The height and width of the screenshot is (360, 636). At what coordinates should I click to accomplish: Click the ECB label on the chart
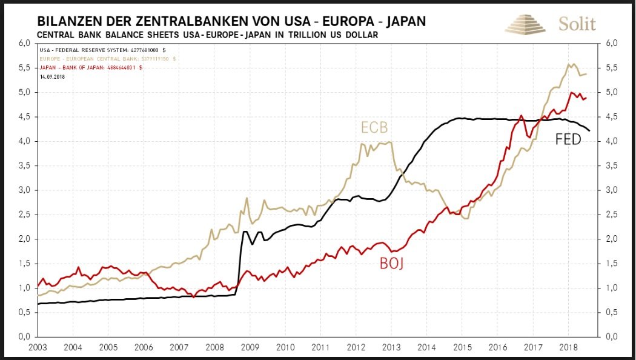pyautogui.click(x=375, y=128)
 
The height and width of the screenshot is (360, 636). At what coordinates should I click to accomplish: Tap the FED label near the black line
pyautogui.click(x=568, y=140)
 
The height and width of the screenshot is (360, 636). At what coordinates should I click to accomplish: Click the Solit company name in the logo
pyautogui.click(x=577, y=24)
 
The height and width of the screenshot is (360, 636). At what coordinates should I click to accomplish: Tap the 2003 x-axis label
pyautogui.click(x=38, y=347)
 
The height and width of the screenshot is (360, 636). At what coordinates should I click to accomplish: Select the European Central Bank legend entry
pyautogui.click(x=108, y=59)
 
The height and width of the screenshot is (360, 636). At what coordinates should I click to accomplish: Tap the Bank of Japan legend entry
pyautogui.click(x=91, y=68)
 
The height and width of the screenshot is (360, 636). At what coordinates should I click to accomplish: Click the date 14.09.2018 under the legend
pyautogui.click(x=52, y=77)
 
